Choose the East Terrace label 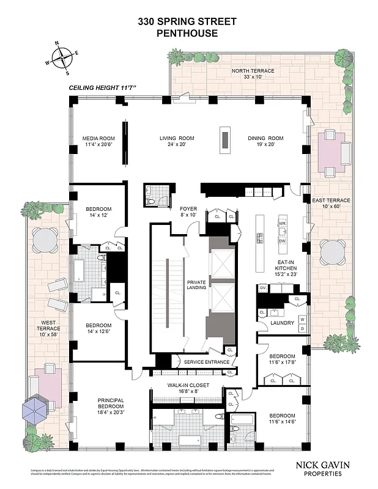[x=331, y=204]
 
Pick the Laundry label [x=282, y=322]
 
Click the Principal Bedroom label [x=111, y=404]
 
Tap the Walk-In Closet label [x=188, y=389]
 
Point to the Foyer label [x=188, y=211]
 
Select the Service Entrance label [x=207, y=362]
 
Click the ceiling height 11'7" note [x=103, y=89]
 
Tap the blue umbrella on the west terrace [x=37, y=408]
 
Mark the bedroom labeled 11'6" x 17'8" [x=283, y=359]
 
